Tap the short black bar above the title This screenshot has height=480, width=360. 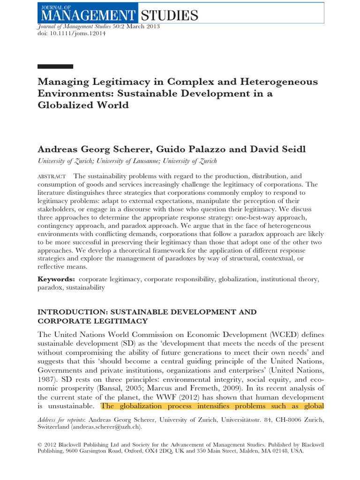tap(55, 67)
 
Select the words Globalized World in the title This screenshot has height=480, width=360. tap(83, 105)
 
